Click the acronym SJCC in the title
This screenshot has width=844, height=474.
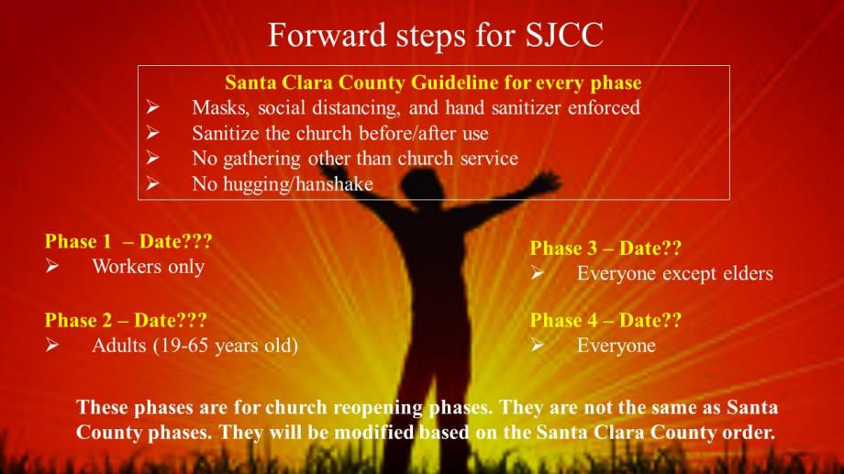pos(564,35)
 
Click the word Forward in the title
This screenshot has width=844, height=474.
pos(328,35)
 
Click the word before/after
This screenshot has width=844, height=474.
pos(403,133)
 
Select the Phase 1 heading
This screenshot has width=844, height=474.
pos(128,241)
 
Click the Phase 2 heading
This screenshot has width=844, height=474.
pos(126,320)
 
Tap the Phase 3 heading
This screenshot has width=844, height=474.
pos(605,248)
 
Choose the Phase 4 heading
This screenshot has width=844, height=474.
pos(605,320)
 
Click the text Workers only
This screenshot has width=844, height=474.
pos(149,267)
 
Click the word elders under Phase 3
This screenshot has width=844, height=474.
pos(748,273)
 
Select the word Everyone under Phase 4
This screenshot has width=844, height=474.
pos(616,346)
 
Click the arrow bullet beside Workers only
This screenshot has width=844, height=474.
pos(52,266)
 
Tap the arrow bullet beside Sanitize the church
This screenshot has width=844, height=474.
pos(153,132)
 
